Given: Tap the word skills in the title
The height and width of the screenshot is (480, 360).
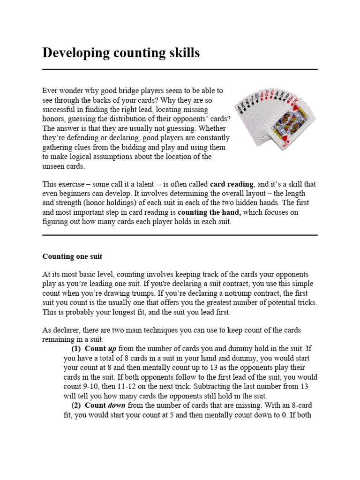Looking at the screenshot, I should pos(184,53).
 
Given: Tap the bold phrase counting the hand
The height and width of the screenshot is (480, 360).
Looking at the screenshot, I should pos(209,212).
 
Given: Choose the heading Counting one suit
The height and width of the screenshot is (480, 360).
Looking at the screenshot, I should pos(72,256).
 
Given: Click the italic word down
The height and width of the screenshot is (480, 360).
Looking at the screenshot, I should pos(117,405).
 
